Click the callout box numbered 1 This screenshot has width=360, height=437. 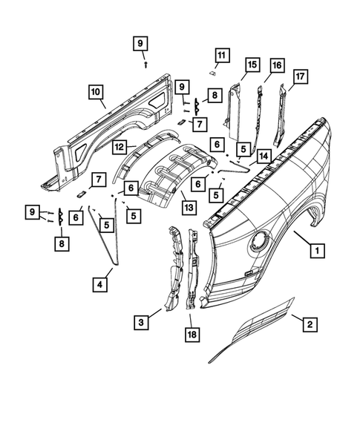point(317,252)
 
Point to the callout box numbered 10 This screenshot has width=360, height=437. point(96,93)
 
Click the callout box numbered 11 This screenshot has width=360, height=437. point(221,55)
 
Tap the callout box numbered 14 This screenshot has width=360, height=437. point(262,156)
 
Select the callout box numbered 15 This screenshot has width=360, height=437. point(252,65)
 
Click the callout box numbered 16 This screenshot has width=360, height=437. point(277,65)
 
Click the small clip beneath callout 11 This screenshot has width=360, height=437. point(211,73)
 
